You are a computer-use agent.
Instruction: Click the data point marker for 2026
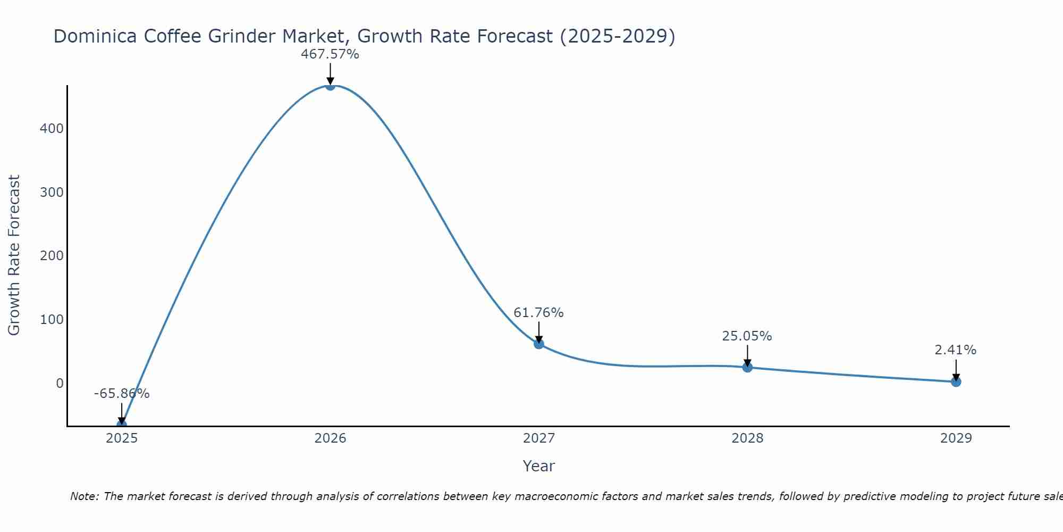[x=330, y=86]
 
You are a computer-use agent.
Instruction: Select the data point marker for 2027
[x=538, y=344]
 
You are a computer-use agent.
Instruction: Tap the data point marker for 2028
[x=747, y=367]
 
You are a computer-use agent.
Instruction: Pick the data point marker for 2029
[x=956, y=381]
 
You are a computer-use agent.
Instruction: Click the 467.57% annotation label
[x=330, y=54]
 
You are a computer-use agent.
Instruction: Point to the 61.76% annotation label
[x=538, y=313]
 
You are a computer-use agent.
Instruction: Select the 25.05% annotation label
[x=747, y=336]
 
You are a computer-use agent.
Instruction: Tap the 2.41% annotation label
[x=955, y=350]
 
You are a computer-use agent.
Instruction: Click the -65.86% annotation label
[x=122, y=394]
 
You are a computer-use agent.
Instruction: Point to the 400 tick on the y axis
[x=52, y=129]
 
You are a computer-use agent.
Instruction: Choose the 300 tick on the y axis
[x=52, y=192]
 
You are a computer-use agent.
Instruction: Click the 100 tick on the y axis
[x=52, y=320]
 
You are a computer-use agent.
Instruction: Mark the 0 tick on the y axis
[x=59, y=384]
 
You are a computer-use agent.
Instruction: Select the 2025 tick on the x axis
[x=122, y=438]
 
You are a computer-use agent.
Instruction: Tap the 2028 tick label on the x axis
[x=747, y=438]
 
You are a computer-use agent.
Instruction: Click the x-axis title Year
[x=538, y=466]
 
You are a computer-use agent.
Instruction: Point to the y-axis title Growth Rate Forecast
[x=14, y=255]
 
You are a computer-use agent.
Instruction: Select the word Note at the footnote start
[x=84, y=496]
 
